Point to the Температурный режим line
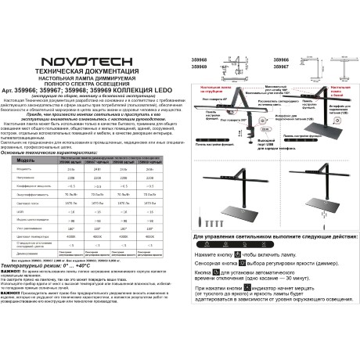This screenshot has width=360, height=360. click(52, 265)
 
